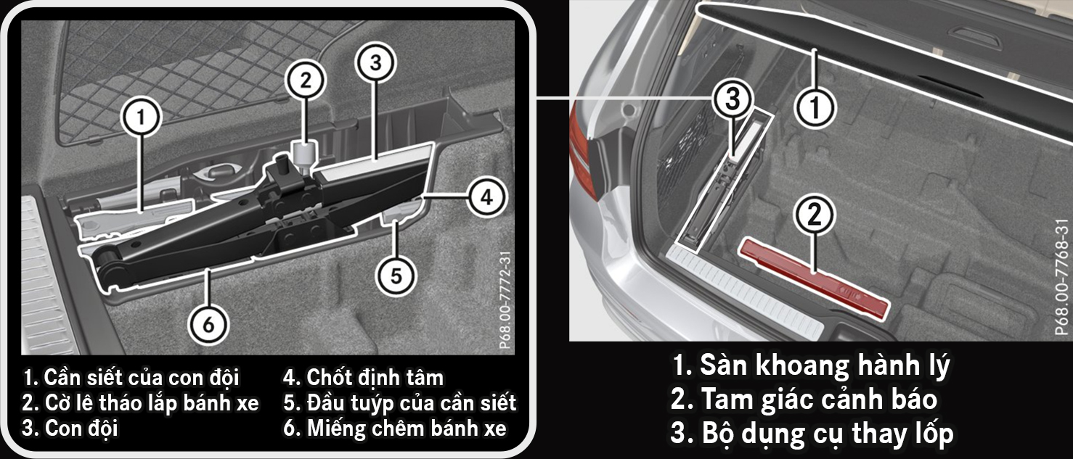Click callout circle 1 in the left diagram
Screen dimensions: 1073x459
click(141, 117)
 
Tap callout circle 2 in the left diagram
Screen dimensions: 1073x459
click(305, 80)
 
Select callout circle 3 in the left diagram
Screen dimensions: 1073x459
click(375, 62)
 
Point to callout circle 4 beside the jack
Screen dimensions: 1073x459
click(486, 197)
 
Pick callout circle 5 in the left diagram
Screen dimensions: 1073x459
click(396, 276)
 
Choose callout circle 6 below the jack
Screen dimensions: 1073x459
click(208, 325)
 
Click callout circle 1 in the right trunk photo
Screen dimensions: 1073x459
click(815, 107)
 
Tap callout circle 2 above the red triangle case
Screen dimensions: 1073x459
click(815, 215)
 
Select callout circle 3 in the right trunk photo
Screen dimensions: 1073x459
click(733, 100)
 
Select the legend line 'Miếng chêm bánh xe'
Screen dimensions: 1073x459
click(395, 429)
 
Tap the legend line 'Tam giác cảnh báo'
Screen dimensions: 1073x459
click(804, 400)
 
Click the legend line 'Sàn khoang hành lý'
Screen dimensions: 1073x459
click(811, 365)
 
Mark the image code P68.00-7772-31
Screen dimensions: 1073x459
click(506, 300)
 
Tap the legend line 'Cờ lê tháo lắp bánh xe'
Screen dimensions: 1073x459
click(140, 403)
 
